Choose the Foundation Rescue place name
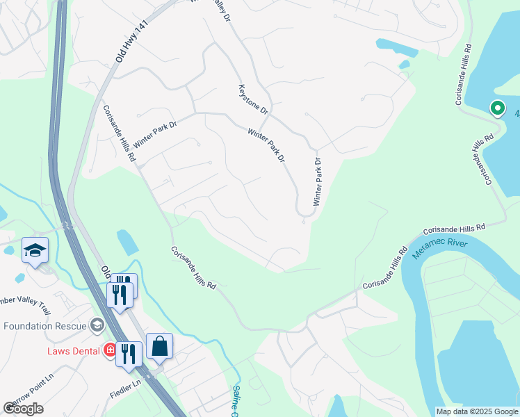click(45, 326)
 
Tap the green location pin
click(497, 108)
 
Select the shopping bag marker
click(159, 346)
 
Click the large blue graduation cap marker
click(35, 251)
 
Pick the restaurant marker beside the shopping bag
click(129, 354)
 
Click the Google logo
click(24, 409)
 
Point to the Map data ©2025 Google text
click(477, 411)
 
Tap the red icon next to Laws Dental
click(109, 349)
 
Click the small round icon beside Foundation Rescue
click(97, 326)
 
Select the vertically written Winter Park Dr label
click(318, 181)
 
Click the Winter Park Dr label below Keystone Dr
click(267, 145)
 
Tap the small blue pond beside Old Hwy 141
click(128, 241)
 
